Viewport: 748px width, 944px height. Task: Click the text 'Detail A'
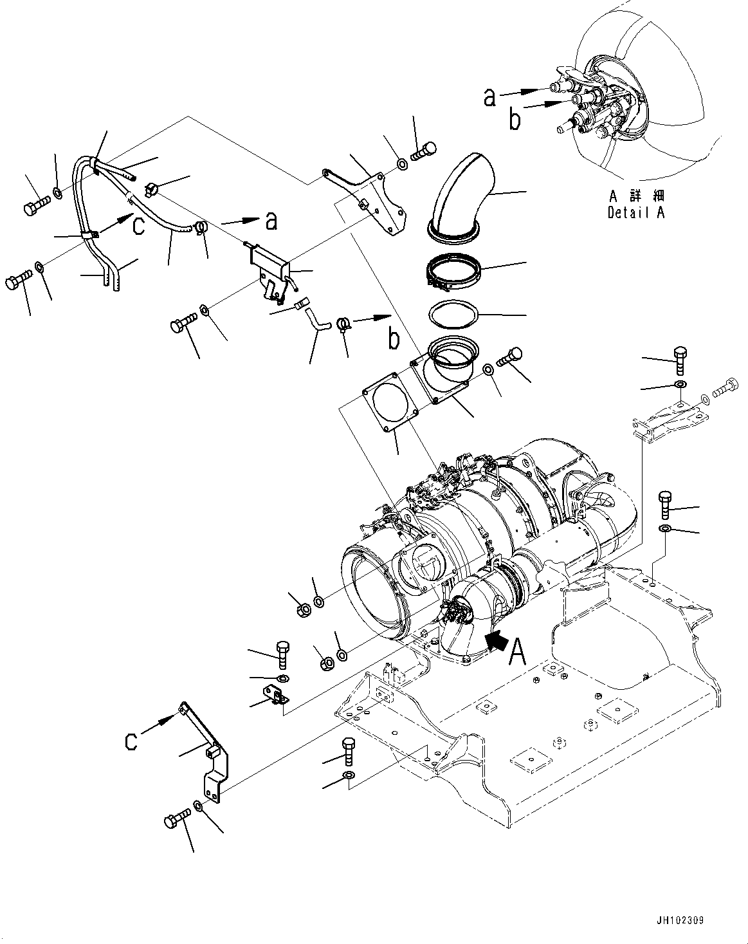pyautogui.click(x=635, y=213)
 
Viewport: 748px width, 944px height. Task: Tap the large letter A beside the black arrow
pyautogui.click(x=518, y=652)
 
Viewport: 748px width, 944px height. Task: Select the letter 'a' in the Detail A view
pyautogui.click(x=490, y=97)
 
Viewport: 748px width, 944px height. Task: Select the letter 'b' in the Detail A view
pyautogui.click(x=515, y=120)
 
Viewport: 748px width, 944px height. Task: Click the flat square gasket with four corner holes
pyautogui.click(x=386, y=405)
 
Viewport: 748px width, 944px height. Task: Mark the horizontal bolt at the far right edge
pyautogui.click(x=725, y=389)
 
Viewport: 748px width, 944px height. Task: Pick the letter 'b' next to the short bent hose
pyautogui.click(x=394, y=338)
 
